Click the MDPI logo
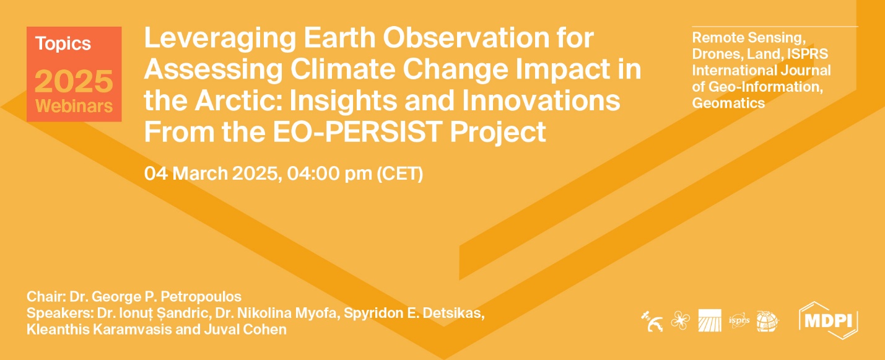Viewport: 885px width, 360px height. point(829,320)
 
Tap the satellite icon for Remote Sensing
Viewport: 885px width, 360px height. point(652,321)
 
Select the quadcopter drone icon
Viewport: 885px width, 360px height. point(679,321)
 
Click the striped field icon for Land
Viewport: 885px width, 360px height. point(709,321)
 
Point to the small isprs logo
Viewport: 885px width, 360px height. point(739,321)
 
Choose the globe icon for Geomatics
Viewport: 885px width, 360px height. point(767,321)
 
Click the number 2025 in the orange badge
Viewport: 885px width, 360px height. point(74,81)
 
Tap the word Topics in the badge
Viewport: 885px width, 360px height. point(63,44)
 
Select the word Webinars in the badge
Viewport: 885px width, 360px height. point(74,106)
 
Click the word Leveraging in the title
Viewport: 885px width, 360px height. point(202,40)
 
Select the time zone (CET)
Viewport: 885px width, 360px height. point(399,173)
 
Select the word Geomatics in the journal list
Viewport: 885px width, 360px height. point(728,103)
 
